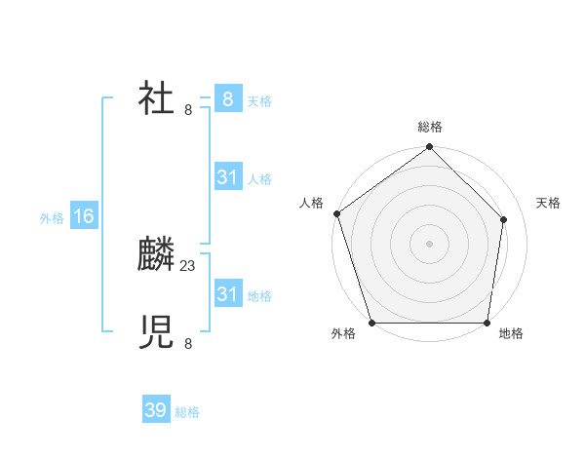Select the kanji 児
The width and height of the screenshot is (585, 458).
click(156, 332)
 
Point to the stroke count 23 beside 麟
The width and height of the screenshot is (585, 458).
click(188, 265)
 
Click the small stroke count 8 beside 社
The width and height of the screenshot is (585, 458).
click(188, 109)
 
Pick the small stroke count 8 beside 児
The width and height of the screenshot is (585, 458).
click(188, 343)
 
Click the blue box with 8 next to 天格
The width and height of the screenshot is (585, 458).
click(227, 99)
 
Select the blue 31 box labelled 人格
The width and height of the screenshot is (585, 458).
click(227, 177)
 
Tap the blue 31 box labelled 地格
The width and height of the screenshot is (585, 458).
click(227, 294)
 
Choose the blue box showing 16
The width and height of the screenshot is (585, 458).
click(83, 216)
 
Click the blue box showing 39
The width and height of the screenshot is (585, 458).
click(155, 410)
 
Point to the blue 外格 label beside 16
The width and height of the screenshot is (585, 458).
click(52, 218)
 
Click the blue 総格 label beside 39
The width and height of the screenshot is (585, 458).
click(187, 412)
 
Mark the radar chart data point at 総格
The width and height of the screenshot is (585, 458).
click(429, 147)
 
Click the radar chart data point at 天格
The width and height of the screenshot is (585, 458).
click(504, 219)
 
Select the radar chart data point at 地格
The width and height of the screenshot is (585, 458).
click(487, 323)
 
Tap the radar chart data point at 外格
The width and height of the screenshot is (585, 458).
click(371, 323)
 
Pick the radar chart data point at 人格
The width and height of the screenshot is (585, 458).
click(336, 213)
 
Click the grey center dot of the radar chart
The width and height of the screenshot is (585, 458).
click(429, 244)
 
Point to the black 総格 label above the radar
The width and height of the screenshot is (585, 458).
click(429, 127)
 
